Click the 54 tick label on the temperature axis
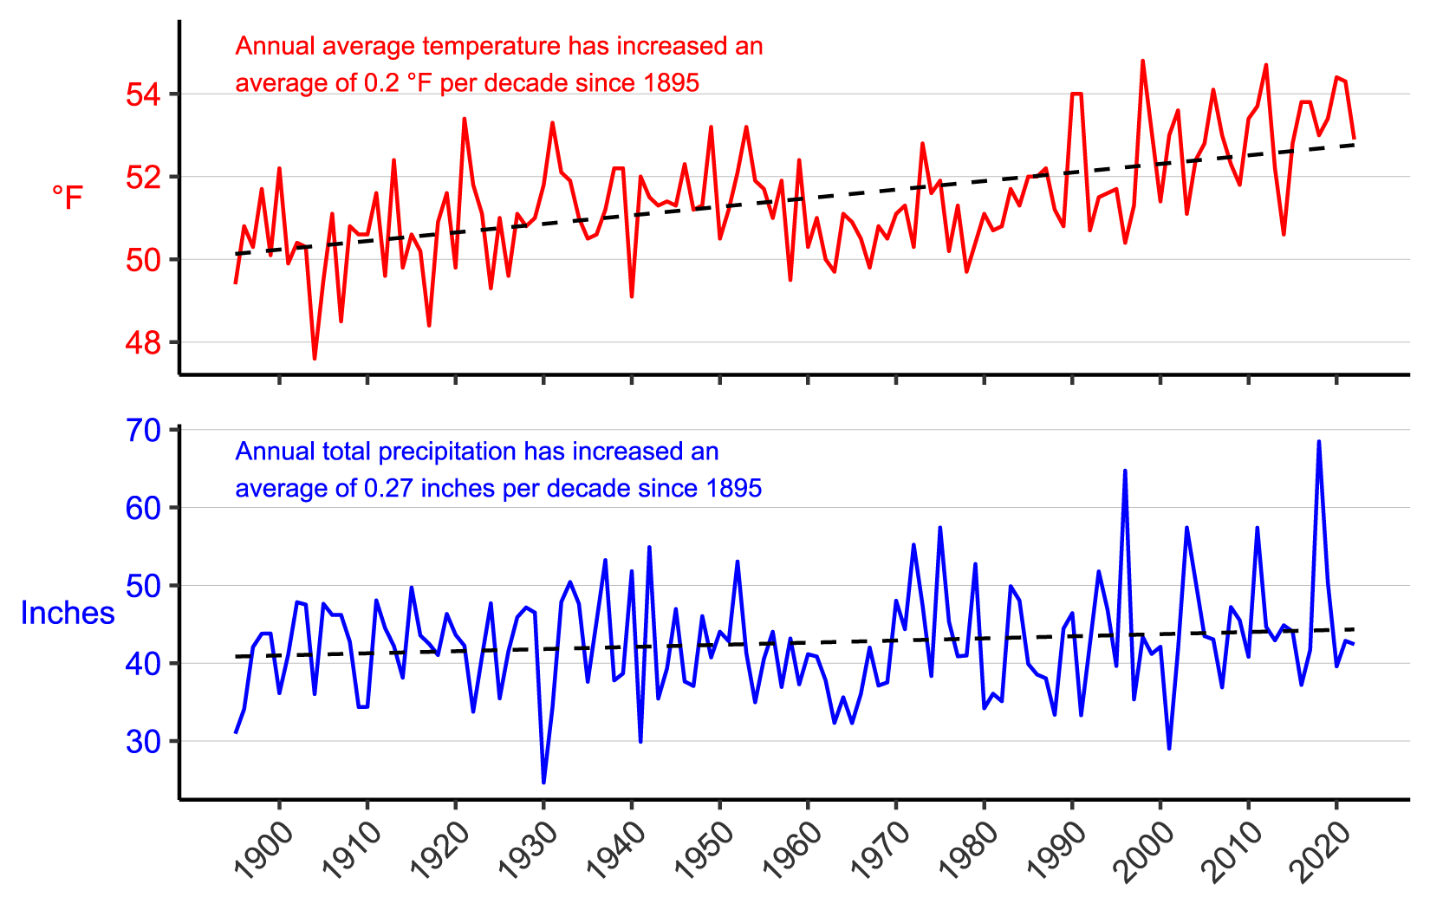point(144,94)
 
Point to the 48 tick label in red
point(144,343)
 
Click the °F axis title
point(67,198)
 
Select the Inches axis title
point(67,614)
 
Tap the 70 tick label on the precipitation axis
point(144,431)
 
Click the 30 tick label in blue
point(144,742)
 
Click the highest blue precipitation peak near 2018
point(1319,442)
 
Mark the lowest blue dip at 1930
point(543,782)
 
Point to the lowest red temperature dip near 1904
point(315,358)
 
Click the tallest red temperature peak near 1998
point(1142,62)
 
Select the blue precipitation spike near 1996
point(1125,471)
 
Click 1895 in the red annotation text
point(672,83)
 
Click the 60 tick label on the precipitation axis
point(144,508)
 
